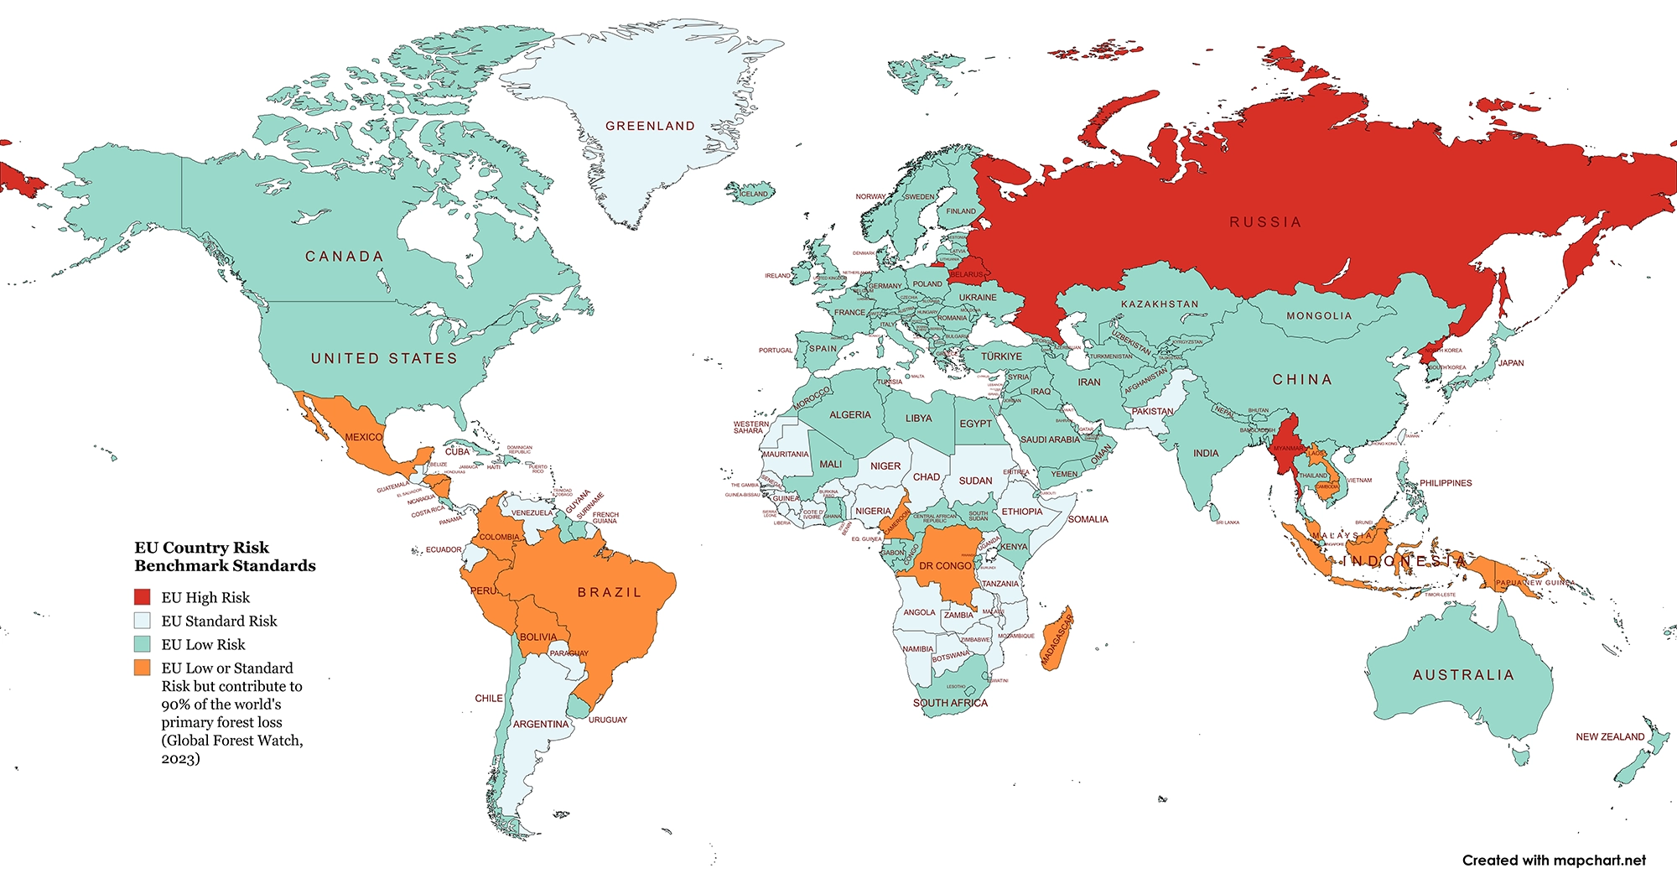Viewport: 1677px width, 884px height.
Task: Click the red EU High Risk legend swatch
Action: (143, 597)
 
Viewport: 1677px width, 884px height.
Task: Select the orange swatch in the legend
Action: (143, 668)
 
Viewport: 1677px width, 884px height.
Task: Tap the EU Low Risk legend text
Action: (203, 644)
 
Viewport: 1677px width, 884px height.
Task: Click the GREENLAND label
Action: (650, 126)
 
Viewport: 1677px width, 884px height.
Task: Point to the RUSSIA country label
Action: (1265, 222)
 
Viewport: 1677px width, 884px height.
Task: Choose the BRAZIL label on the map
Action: (610, 592)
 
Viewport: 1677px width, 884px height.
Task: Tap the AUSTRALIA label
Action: (1463, 675)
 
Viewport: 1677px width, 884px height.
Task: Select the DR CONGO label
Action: (945, 566)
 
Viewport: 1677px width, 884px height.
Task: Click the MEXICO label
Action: (364, 437)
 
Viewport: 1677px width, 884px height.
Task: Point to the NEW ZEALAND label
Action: (1610, 736)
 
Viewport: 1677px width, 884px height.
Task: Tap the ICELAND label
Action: (753, 194)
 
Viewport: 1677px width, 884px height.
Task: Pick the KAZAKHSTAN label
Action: (1160, 304)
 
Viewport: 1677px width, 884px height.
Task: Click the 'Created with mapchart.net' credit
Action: (1554, 861)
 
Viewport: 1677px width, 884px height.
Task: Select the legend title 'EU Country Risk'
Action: (202, 548)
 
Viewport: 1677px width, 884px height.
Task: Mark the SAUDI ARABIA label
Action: (1050, 439)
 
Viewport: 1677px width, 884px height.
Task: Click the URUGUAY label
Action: (608, 720)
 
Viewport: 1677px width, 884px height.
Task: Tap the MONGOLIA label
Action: (1319, 316)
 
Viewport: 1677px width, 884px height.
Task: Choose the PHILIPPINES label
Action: (1446, 483)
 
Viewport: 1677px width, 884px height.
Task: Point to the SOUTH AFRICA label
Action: (950, 703)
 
